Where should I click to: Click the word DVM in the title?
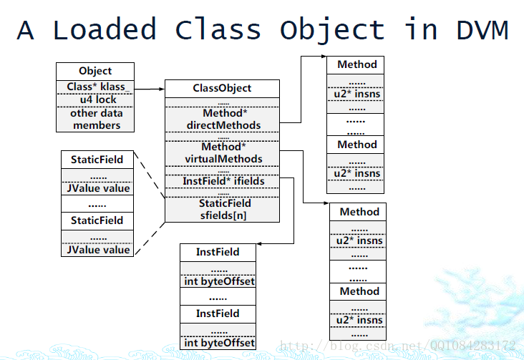click(x=482, y=30)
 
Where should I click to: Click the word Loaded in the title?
click(x=105, y=29)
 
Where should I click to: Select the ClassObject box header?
click(x=222, y=89)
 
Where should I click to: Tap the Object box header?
click(x=95, y=71)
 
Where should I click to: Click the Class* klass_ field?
click(x=95, y=87)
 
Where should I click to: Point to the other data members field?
click(x=95, y=120)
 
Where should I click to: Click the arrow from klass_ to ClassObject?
click(x=150, y=89)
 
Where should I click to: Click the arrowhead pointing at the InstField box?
click(x=259, y=243)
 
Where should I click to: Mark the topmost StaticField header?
click(x=97, y=160)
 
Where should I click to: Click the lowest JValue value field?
click(x=97, y=250)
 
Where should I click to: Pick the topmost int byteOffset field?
click(x=218, y=281)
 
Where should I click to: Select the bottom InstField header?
click(x=218, y=314)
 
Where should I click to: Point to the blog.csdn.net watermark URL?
click(x=398, y=345)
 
